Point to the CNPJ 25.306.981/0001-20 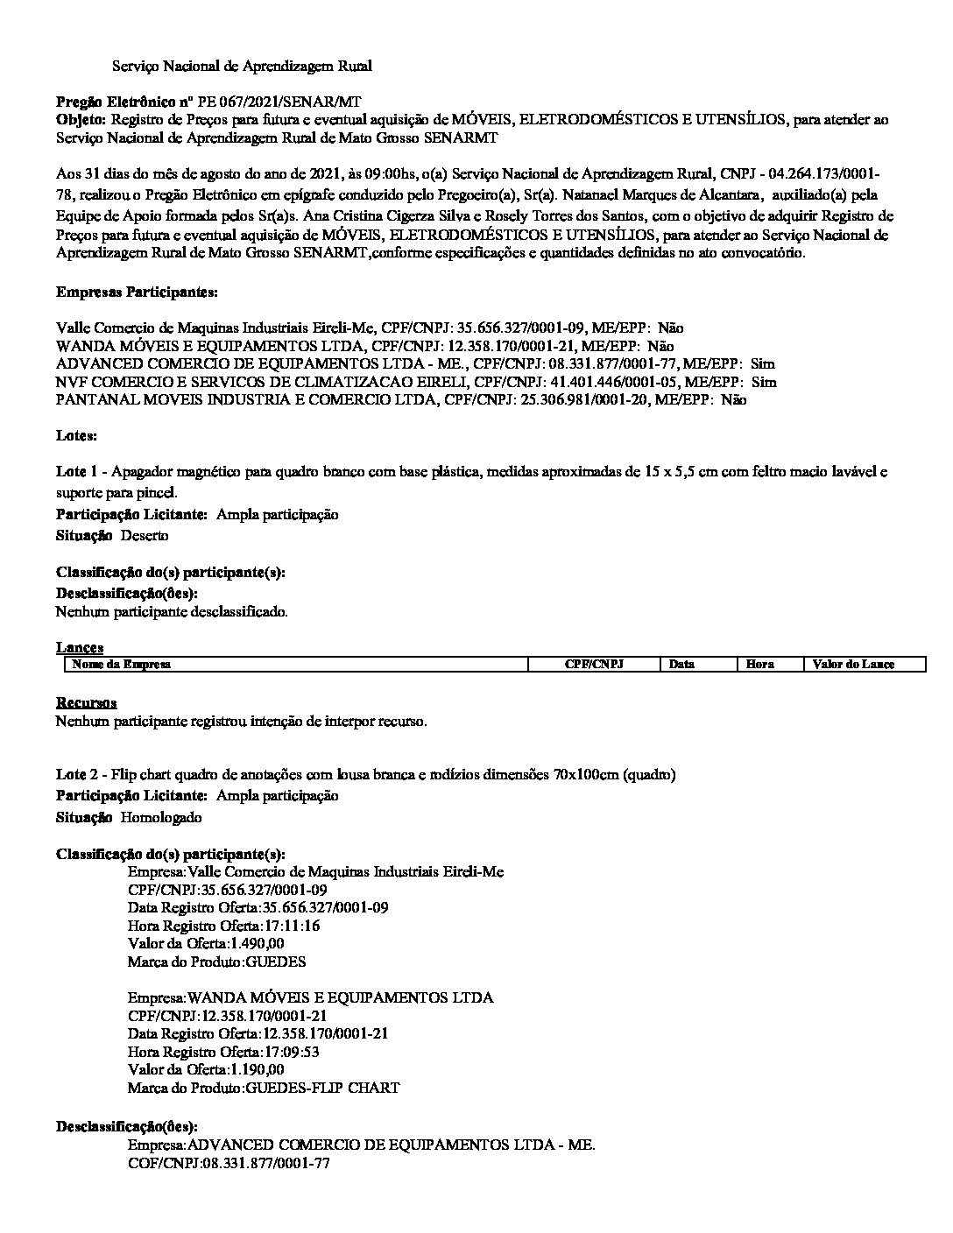[508, 400]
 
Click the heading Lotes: [76, 435]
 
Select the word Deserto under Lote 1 [145, 535]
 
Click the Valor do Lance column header [853, 665]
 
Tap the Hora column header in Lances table [759, 665]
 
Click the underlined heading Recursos [86, 703]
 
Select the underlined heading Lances [80, 648]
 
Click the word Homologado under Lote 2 [161, 817]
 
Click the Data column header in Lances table [681, 665]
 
